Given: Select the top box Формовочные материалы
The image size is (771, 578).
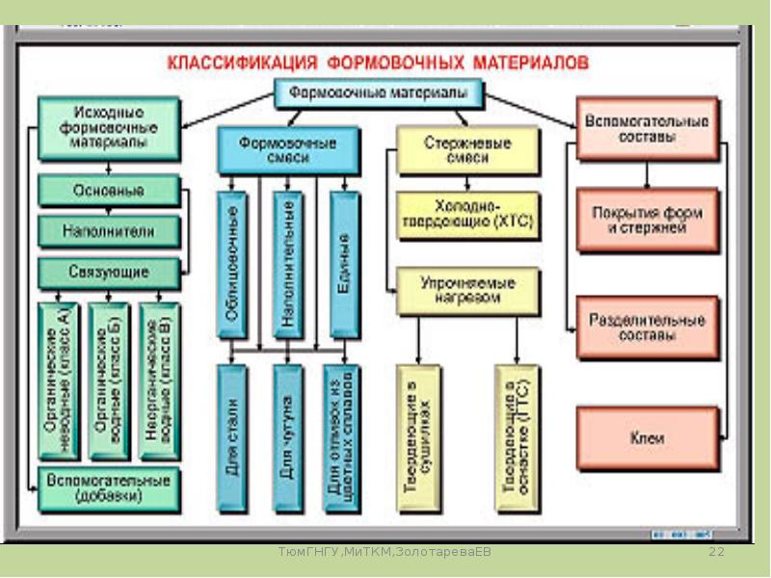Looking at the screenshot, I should click(x=379, y=93).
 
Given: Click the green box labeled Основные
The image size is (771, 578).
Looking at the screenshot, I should click(x=109, y=190).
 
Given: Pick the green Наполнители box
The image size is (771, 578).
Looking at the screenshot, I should click(x=109, y=231).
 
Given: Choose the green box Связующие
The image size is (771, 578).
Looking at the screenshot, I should click(x=109, y=273).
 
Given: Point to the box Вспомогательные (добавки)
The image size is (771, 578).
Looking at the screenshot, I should click(x=109, y=487).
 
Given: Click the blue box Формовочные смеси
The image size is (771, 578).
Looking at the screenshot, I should click(x=287, y=150).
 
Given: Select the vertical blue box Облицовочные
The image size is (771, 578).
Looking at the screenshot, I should click(x=231, y=264).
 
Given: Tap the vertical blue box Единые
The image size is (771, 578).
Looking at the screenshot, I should click(x=344, y=264).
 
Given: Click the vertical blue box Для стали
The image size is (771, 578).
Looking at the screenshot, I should click(x=231, y=438).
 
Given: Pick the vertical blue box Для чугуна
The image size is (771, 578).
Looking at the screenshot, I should click(x=287, y=438).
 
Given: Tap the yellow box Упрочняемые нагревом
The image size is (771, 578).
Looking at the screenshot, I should click(x=467, y=291).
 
